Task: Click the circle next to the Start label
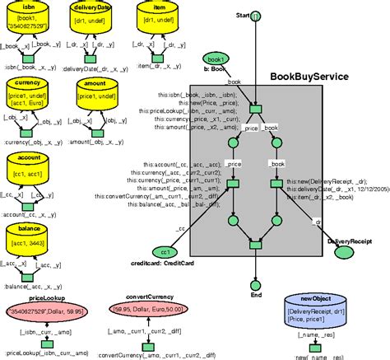pyautogui.click(x=257, y=16)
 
